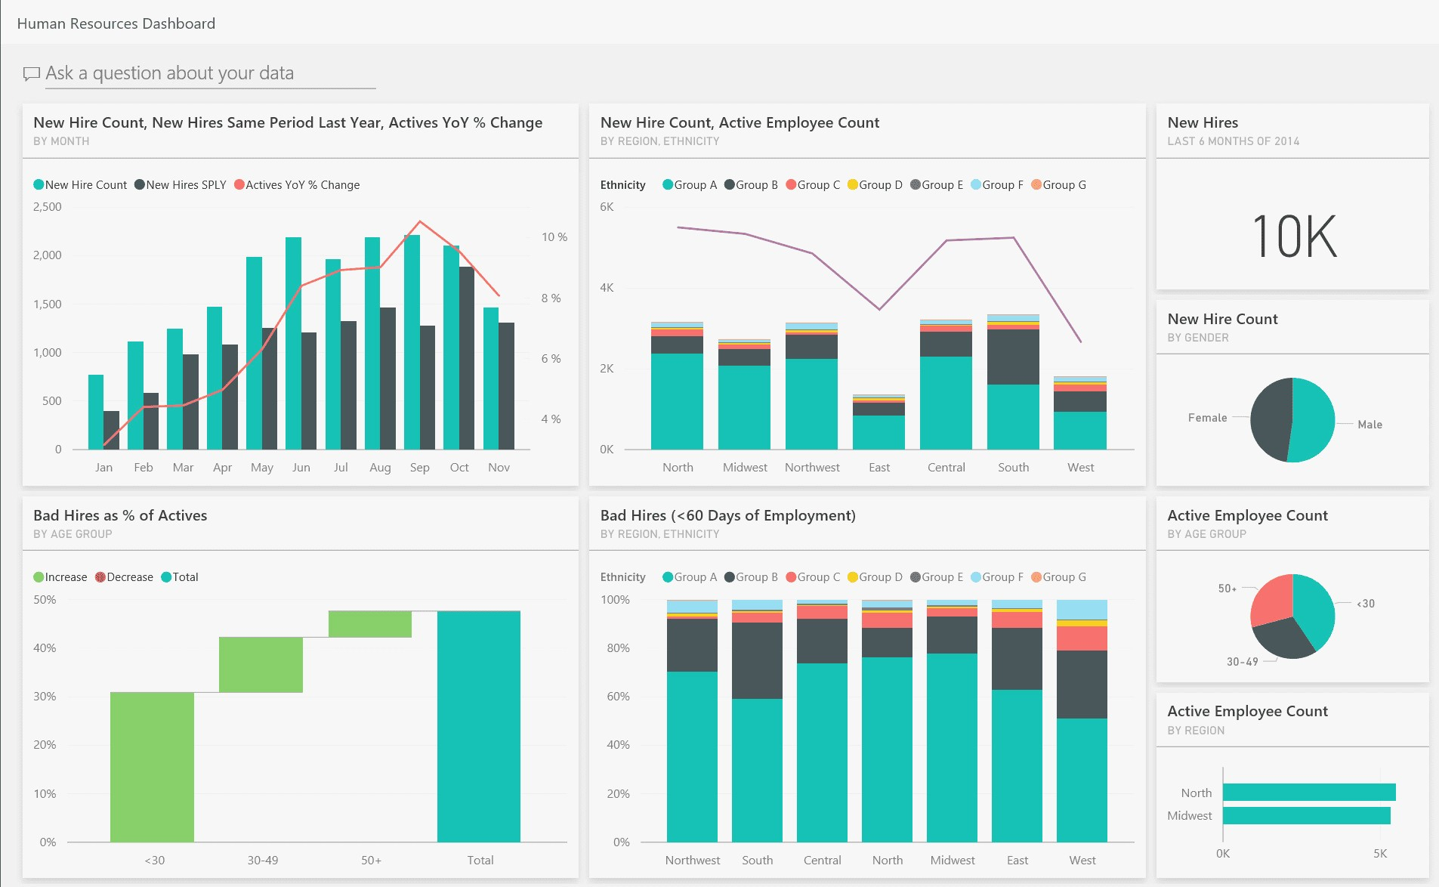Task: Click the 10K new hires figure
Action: (x=1294, y=236)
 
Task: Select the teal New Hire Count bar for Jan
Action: (x=96, y=412)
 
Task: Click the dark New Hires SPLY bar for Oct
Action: (x=467, y=358)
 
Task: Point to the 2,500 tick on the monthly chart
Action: (x=48, y=207)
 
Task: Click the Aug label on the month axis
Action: (x=380, y=468)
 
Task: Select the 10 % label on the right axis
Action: (x=554, y=237)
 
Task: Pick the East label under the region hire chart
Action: (x=879, y=468)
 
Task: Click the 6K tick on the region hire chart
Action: (x=607, y=207)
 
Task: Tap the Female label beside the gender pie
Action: (x=1207, y=418)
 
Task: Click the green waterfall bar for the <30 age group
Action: (x=152, y=766)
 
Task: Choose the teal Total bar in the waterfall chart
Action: (x=478, y=726)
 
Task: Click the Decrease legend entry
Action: (x=125, y=577)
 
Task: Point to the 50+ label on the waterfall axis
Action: (x=371, y=861)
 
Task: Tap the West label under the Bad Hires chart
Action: (x=1082, y=861)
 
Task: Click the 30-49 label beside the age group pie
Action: (x=1242, y=662)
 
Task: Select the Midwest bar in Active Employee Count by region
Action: (x=1306, y=816)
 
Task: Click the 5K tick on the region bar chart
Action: (x=1379, y=854)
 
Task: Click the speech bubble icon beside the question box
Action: (x=32, y=73)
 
